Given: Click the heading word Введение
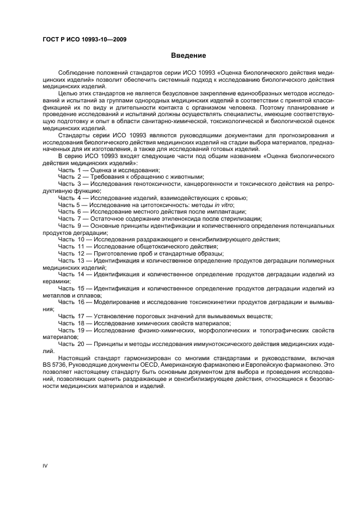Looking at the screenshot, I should click(188, 56).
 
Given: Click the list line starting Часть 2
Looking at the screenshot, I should click(131, 177).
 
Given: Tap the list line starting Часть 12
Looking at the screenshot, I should click(145, 253).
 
